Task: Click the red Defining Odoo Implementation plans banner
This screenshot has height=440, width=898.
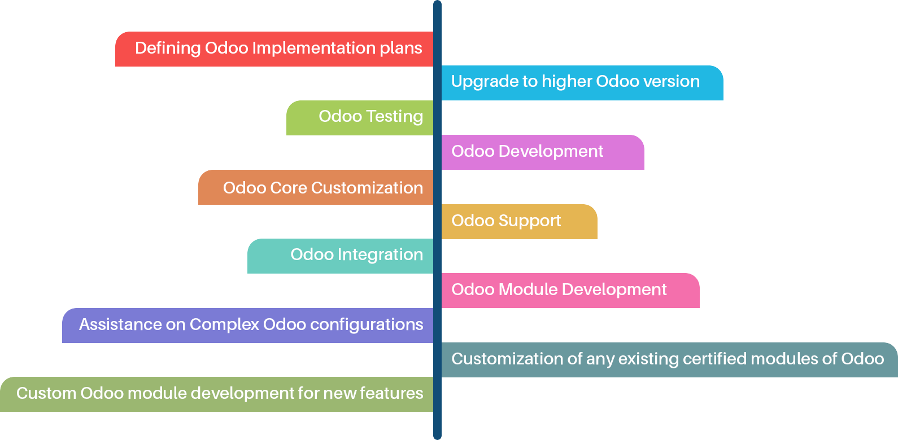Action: click(x=274, y=49)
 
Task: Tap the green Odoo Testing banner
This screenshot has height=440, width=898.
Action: click(x=360, y=118)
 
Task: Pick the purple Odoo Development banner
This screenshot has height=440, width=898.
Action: click(x=542, y=152)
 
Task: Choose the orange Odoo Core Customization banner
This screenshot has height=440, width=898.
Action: click(x=316, y=187)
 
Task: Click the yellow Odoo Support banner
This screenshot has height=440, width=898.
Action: click(x=519, y=221)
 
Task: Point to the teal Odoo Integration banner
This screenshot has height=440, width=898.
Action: click(x=341, y=256)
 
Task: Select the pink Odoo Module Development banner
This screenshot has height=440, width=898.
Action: click(x=570, y=291)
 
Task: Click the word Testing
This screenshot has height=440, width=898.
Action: click(x=394, y=117)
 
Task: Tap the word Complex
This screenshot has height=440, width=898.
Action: click(x=224, y=325)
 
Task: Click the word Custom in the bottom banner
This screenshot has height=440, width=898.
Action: click(x=46, y=393)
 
